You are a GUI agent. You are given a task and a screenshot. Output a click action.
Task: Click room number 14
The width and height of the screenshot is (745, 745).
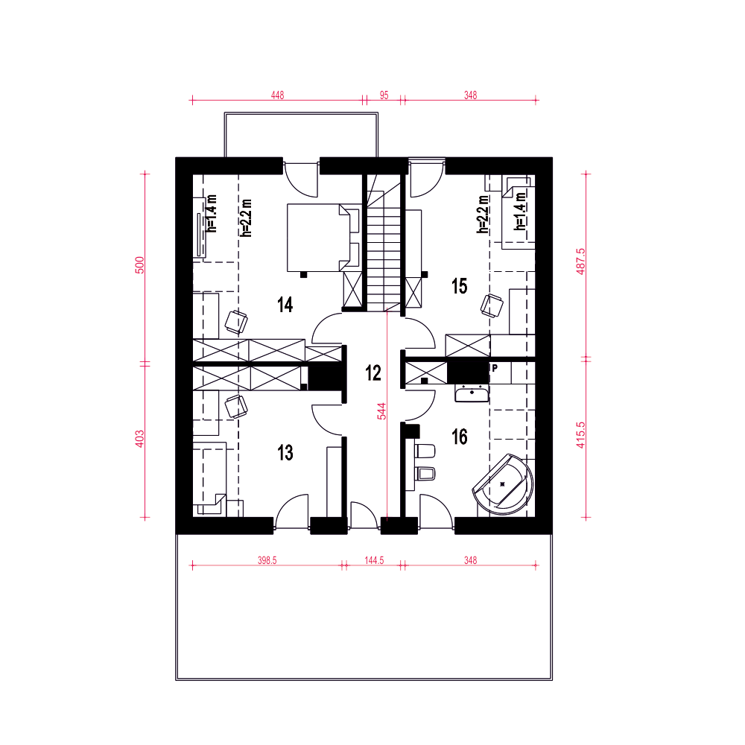[x=285, y=305]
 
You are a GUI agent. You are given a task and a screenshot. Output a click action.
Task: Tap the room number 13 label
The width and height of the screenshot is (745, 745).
[x=285, y=453]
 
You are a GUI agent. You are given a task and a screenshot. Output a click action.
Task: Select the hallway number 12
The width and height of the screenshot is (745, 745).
[x=373, y=373]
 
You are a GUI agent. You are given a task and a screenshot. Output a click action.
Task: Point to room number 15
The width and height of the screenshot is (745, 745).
[x=460, y=286]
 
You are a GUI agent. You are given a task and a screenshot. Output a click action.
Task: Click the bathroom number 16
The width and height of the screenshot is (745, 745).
[x=460, y=437]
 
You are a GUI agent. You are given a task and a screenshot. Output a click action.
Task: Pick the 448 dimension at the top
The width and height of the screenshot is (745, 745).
[x=277, y=95]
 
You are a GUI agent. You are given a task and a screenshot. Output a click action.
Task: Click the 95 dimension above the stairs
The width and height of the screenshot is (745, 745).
[x=384, y=95]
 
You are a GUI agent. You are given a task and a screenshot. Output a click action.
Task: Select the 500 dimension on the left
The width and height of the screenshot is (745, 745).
[x=140, y=265]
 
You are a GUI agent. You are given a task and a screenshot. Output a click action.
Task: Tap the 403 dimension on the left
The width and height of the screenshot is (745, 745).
[x=140, y=439]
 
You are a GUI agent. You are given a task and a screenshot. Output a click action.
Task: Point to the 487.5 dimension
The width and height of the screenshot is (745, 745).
[x=580, y=261]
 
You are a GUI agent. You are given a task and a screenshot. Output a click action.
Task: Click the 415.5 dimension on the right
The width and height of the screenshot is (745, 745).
[x=580, y=435]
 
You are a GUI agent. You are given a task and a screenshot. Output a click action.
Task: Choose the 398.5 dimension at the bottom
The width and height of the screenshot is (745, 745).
[x=267, y=560]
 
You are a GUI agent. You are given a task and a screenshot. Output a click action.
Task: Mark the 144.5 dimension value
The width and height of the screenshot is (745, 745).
[x=374, y=560]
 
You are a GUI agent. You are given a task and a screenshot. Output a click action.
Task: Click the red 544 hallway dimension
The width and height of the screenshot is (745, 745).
[x=381, y=411]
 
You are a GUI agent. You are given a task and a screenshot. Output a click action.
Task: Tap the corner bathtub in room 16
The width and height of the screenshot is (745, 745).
[x=504, y=485]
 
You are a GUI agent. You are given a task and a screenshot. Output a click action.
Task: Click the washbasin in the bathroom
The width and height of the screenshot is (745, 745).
[x=472, y=393]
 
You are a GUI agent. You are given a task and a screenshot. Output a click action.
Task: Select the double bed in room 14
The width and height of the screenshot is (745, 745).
[x=324, y=238]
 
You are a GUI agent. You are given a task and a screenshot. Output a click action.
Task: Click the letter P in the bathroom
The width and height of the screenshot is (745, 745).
[x=495, y=368]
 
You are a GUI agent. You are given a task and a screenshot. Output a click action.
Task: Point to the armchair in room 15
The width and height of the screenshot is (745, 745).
[x=492, y=305]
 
